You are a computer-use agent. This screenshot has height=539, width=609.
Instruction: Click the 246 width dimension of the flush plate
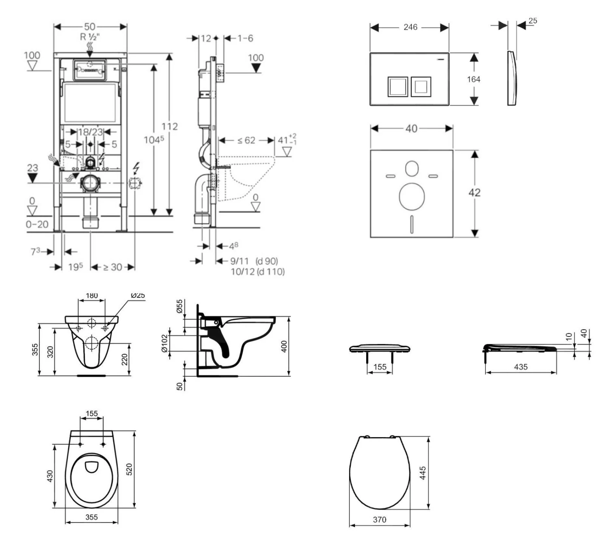tap(410, 27)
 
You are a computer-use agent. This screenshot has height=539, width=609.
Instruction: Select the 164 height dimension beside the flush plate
tap(473, 79)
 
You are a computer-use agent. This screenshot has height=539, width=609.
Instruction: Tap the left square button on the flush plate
tap(397, 86)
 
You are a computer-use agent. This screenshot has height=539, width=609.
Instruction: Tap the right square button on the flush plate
tap(421, 86)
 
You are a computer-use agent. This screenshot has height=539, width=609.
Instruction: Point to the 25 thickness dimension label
tap(533, 21)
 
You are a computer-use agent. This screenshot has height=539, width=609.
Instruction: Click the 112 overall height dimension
tap(169, 126)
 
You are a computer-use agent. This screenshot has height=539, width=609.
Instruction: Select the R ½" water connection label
tap(90, 37)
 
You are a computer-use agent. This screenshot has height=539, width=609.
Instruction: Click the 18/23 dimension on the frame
tap(91, 132)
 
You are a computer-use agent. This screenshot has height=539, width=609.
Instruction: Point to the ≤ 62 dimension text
tap(246, 140)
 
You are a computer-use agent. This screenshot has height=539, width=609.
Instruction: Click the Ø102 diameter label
tap(164, 343)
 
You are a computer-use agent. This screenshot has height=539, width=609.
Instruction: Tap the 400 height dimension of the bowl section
tap(284, 346)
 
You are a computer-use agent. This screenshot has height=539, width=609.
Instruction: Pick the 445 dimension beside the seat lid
tap(423, 473)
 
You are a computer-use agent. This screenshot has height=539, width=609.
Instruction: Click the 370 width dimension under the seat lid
tap(379, 520)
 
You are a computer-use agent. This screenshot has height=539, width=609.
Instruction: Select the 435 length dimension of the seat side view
tap(520, 367)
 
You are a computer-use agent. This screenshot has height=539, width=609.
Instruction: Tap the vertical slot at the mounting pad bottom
tap(412, 224)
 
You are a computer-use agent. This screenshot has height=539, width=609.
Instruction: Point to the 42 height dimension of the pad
tap(474, 192)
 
